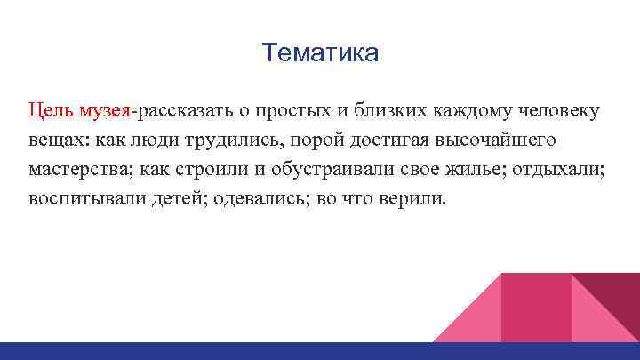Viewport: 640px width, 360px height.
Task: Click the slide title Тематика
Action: click(320, 54)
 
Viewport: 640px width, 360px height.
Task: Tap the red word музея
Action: click(105, 111)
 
